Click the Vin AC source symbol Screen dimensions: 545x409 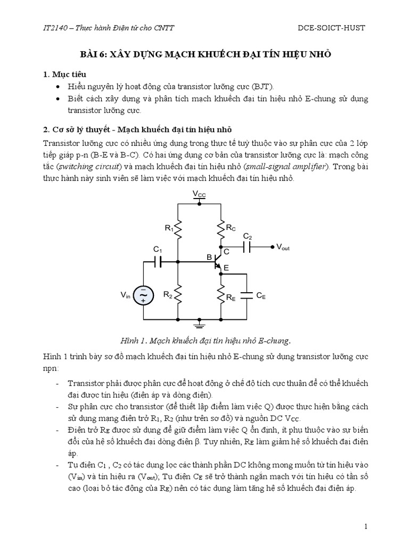tap(144, 294)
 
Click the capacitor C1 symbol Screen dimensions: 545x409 tap(158, 261)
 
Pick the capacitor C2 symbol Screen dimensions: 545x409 tap(247, 247)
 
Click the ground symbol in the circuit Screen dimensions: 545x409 tap(199, 323)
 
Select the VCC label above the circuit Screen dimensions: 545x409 tap(199, 195)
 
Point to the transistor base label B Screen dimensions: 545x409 tap(209, 257)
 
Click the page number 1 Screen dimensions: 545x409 tap(366, 526)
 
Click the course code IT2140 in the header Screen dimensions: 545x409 tap(54, 27)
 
